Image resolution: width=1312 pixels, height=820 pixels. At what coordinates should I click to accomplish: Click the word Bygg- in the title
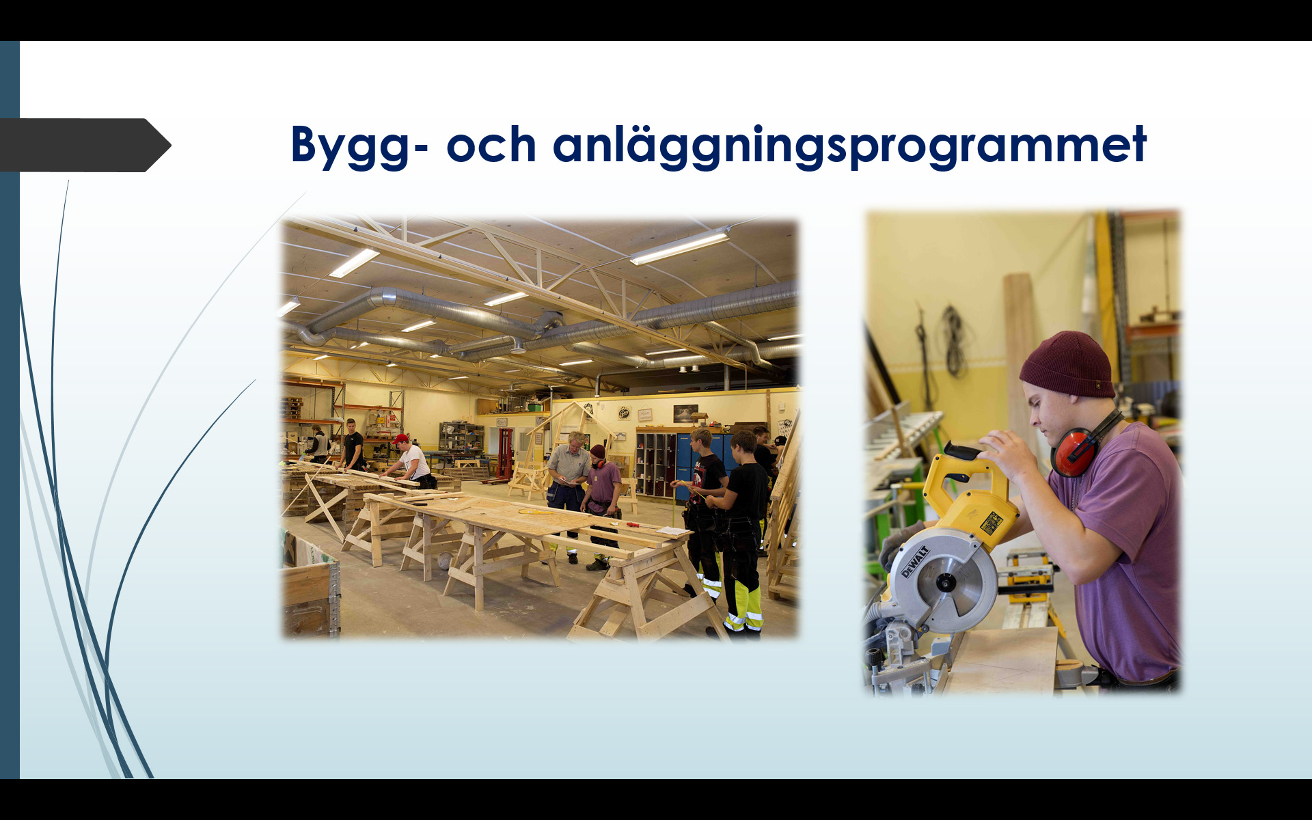coord(360,146)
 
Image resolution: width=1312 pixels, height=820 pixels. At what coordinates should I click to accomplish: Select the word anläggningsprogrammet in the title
coord(849,146)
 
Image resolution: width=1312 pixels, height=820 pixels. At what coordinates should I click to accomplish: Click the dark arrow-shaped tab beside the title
coord(85,145)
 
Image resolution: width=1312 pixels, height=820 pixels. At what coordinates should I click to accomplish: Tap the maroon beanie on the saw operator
coord(1067,364)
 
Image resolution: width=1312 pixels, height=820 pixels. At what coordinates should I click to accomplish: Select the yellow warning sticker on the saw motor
coord(991,523)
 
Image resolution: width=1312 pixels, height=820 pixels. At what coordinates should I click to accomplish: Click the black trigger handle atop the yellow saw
coord(964,452)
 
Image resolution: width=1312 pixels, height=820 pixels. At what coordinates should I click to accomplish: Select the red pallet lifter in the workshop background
coord(504,454)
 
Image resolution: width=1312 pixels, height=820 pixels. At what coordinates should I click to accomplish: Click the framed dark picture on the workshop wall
coord(685,413)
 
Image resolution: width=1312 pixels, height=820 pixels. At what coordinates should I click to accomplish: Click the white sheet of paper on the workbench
coord(674,531)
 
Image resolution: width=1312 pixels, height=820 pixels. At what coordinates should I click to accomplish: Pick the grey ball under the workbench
coord(445,560)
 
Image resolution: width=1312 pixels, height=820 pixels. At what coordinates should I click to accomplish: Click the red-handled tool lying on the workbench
coord(633,525)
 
